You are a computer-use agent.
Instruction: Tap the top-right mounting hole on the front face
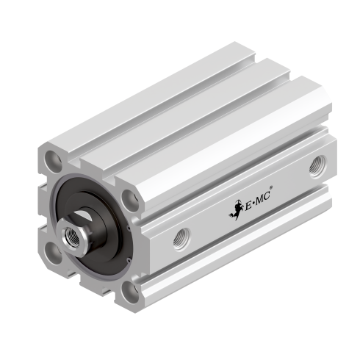tap(130, 197)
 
